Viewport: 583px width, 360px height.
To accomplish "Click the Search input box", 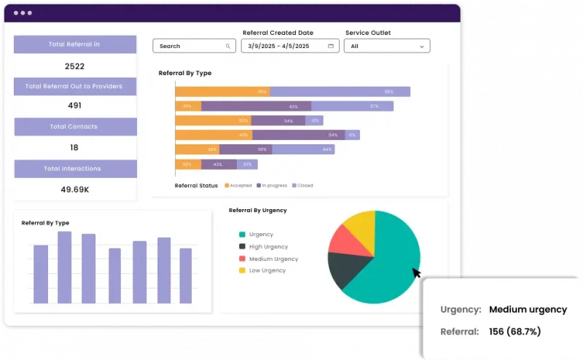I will (189, 46).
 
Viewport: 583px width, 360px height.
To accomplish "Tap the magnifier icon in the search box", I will (228, 46).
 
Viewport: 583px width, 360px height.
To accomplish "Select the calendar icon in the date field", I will (331, 46).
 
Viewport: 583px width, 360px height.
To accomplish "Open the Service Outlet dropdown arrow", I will (421, 47).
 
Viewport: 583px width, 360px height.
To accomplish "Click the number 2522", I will (75, 66).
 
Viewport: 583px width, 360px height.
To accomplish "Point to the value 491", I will (74, 105).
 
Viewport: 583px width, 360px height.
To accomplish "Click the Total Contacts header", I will (74, 127).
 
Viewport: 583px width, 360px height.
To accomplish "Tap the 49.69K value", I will (74, 189).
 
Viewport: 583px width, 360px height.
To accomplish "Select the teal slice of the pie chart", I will (386, 262).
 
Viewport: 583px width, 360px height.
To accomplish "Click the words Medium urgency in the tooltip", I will (528, 309).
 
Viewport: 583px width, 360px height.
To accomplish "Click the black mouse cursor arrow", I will (416, 273).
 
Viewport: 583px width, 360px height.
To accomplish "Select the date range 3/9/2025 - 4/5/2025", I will (279, 46).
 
